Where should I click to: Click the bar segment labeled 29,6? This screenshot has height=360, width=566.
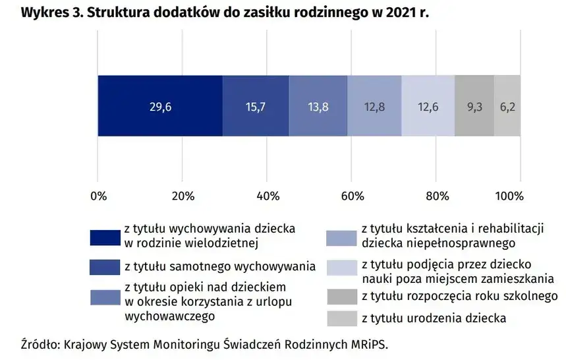pyautogui.click(x=160, y=105)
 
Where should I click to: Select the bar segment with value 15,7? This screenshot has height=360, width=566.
pyautogui.click(x=256, y=105)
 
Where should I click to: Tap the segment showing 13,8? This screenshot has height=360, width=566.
pyautogui.click(x=318, y=105)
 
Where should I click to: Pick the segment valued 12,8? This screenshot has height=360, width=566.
pyautogui.click(x=374, y=105)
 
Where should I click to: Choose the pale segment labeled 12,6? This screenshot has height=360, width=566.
pyautogui.click(x=428, y=105)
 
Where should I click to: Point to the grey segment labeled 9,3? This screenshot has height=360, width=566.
pyautogui.click(x=474, y=105)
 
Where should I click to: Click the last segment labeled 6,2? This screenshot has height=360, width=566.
pyautogui.click(x=507, y=105)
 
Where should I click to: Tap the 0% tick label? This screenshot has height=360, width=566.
pyautogui.click(x=98, y=196)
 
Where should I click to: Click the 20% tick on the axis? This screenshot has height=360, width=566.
pyautogui.click(x=182, y=196)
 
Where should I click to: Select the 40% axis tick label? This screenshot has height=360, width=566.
pyautogui.click(x=267, y=196)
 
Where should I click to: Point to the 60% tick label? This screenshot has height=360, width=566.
pyautogui.click(x=351, y=196)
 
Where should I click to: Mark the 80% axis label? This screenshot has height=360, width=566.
pyautogui.click(x=436, y=196)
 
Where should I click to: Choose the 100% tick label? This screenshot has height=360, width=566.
pyautogui.click(x=509, y=196)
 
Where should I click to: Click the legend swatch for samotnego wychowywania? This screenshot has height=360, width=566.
pyautogui.click(x=104, y=267)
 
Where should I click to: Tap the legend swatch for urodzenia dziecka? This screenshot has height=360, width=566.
pyautogui.click(x=341, y=318)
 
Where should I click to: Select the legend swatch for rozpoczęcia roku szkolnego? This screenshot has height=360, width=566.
pyautogui.click(x=341, y=296)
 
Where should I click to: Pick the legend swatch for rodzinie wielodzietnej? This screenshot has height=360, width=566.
pyautogui.click(x=104, y=235)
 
